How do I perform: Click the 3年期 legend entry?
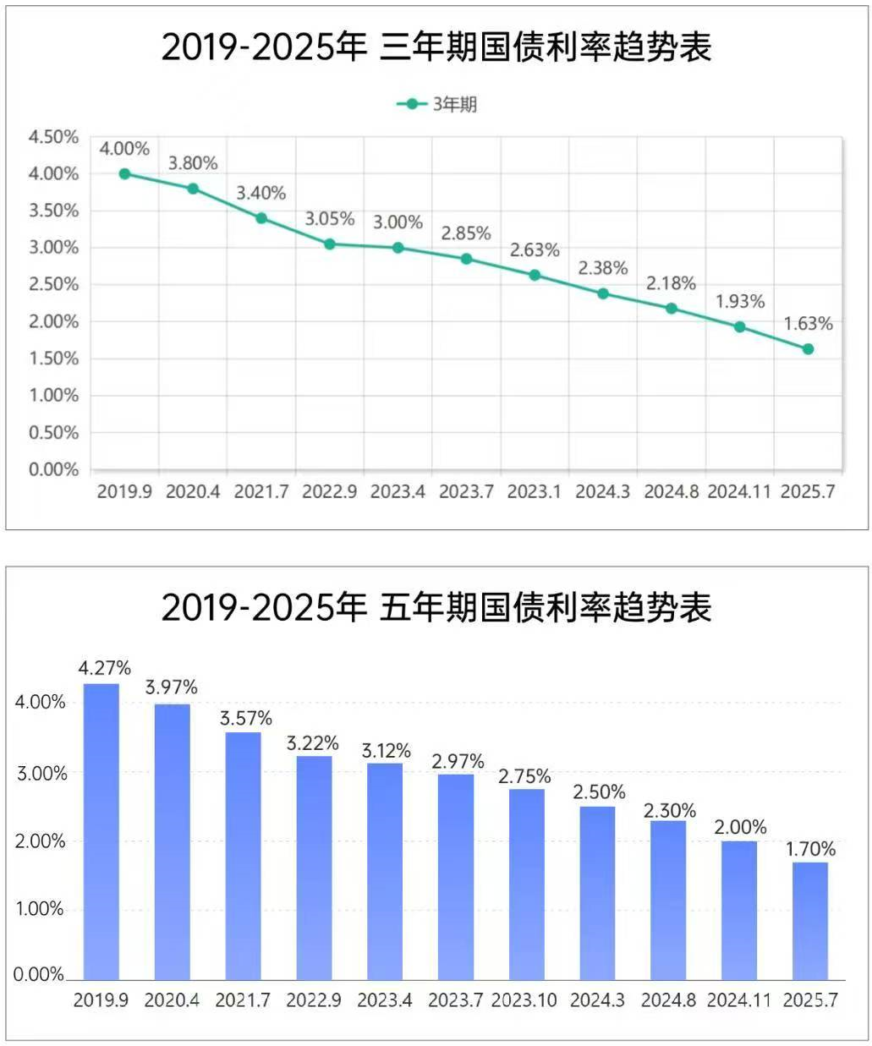[x=438, y=104]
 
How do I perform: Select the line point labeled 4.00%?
[x=124, y=173]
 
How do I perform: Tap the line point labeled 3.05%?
[x=330, y=244]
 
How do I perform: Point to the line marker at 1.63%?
[x=808, y=348]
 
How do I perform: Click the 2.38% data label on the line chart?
[x=603, y=268]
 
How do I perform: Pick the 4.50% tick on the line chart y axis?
[x=53, y=137]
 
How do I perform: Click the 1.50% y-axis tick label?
[x=53, y=359]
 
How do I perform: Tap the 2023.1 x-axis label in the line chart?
[x=534, y=491]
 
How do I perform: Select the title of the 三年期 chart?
[x=436, y=47]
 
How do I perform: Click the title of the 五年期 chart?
[x=436, y=607]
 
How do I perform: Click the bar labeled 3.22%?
[x=314, y=868]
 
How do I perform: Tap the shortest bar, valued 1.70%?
[x=810, y=921]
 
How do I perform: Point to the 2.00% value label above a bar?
[x=740, y=827]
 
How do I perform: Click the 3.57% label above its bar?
[x=246, y=718]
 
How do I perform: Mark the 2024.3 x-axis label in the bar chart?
[x=597, y=1000]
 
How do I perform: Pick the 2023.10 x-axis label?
[x=524, y=1000]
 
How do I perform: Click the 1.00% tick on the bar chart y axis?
[x=39, y=909]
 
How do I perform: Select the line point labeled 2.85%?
[x=466, y=259]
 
